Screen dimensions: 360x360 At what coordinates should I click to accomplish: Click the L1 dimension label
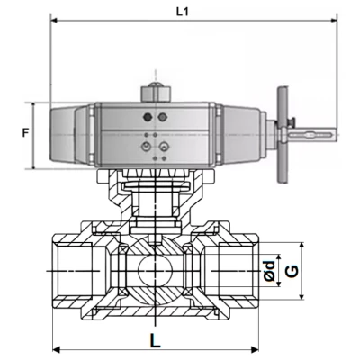click(183, 11)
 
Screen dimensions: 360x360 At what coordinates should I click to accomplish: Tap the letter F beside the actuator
click(25, 134)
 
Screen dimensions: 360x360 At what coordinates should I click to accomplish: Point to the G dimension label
click(290, 271)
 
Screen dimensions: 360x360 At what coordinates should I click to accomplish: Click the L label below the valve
click(156, 341)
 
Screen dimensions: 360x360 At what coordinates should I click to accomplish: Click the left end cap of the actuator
click(67, 135)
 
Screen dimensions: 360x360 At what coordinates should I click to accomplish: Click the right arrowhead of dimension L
click(255, 349)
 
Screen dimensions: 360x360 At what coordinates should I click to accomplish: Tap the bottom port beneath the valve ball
click(155, 306)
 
